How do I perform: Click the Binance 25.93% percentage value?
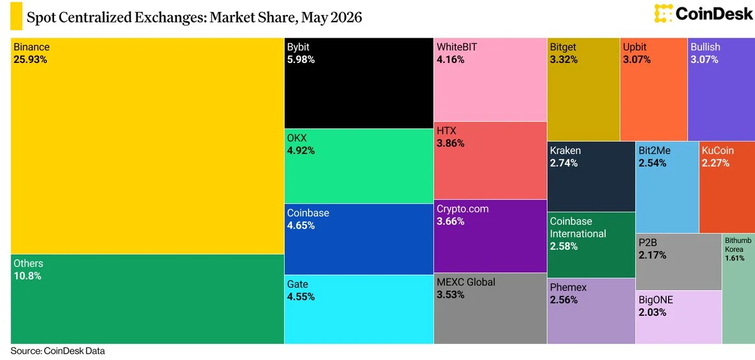click(30, 60)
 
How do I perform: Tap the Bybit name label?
click(298, 47)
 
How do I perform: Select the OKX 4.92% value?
click(301, 150)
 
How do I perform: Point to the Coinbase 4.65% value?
click(301, 225)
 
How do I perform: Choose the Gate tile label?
click(298, 284)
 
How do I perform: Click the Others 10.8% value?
click(28, 276)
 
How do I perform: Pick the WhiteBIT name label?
click(457, 47)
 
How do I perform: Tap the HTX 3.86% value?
click(451, 143)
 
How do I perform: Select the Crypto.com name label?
click(463, 209)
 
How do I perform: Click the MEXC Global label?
click(465, 282)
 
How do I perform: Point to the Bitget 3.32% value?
click(564, 60)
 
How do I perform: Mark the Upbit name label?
click(635, 47)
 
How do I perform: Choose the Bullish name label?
click(705, 47)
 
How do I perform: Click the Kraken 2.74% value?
click(564, 163)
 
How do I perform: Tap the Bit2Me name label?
click(654, 150)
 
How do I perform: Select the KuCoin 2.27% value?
click(715, 163)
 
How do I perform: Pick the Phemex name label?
click(568, 288)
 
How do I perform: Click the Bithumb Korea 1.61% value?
click(735, 259)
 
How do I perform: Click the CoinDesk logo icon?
click(663, 13)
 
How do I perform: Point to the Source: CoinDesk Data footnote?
click(57, 351)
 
